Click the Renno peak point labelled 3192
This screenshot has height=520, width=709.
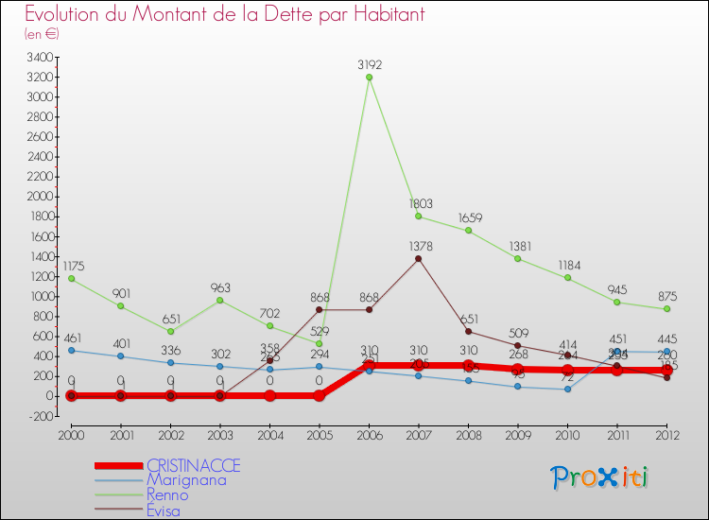coord(369,78)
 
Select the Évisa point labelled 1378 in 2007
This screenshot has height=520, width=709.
coord(418,258)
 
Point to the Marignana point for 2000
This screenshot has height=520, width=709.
coord(71,350)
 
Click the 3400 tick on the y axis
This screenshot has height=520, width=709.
coord(40,58)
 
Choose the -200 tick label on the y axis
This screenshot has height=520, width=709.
coord(40,416)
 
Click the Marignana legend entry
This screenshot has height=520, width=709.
coord(180,479)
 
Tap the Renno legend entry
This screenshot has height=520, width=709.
coord(167,494)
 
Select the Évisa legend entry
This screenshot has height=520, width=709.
coord(165,511)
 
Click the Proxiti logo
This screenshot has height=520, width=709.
coord(598,477)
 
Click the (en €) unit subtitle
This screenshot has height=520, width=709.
coord(43,34)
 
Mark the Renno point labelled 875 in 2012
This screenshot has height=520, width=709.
coord(666,309)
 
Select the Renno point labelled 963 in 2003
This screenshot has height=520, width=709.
coord(219,300)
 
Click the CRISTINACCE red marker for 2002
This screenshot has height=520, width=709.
coord(170,395)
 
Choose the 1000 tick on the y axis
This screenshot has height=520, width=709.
coord(40,297)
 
